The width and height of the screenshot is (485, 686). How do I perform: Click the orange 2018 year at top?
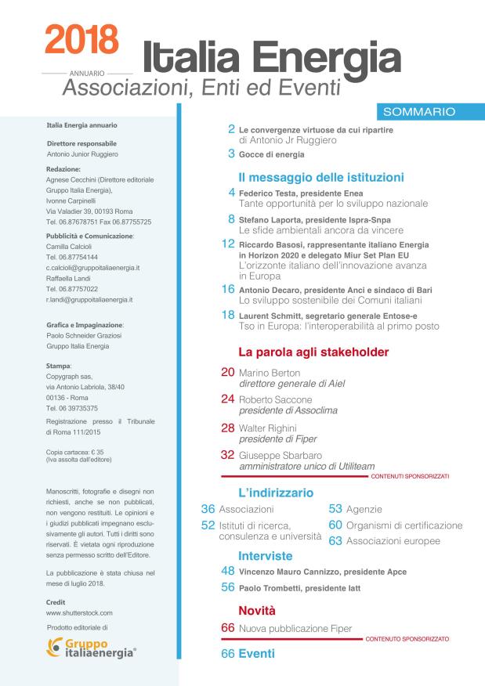81,38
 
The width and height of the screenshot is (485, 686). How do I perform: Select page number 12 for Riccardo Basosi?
228,244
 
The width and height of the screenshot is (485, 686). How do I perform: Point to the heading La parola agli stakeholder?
313,352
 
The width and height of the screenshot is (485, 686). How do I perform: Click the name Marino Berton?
270,373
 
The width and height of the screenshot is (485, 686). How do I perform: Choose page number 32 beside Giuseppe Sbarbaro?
228,454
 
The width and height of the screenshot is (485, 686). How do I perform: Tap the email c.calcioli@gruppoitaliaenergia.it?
93,267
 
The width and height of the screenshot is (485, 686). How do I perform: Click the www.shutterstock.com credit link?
80,612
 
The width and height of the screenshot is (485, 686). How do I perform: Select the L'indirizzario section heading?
276,493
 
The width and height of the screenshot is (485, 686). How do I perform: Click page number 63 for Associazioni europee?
335,540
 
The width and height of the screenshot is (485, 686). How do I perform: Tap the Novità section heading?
257,609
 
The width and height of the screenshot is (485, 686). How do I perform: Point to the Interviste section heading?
266,555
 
